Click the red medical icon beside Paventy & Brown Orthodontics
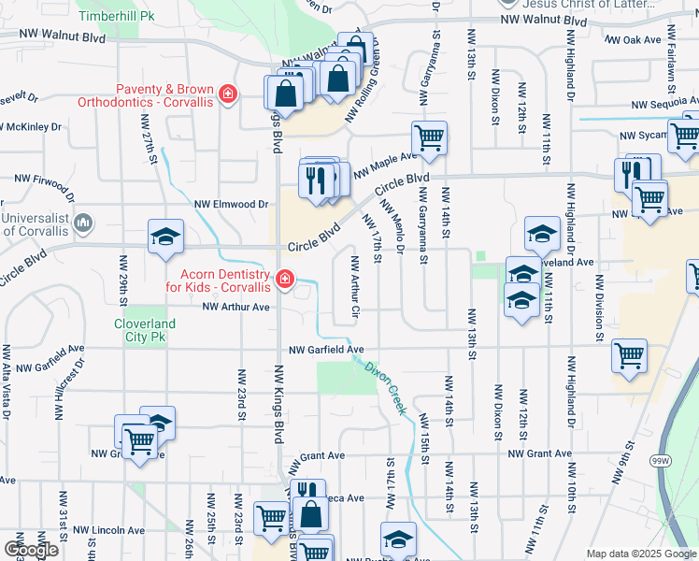point(227,94)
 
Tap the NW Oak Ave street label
point(633,40)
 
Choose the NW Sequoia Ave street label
point(664,106)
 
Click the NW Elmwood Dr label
point(231,203)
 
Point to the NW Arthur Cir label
point(355,284)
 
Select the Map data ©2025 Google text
point(640,554)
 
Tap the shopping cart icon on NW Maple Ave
point(429,137)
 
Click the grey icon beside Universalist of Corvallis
point(83,223)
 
